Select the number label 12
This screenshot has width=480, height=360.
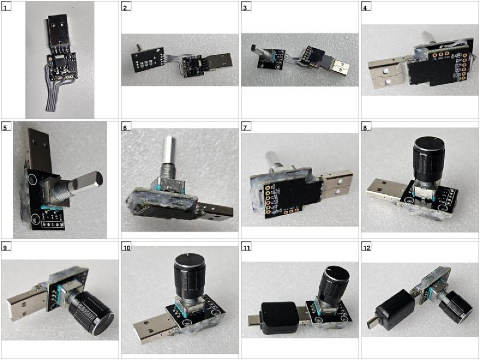coord(367,247)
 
